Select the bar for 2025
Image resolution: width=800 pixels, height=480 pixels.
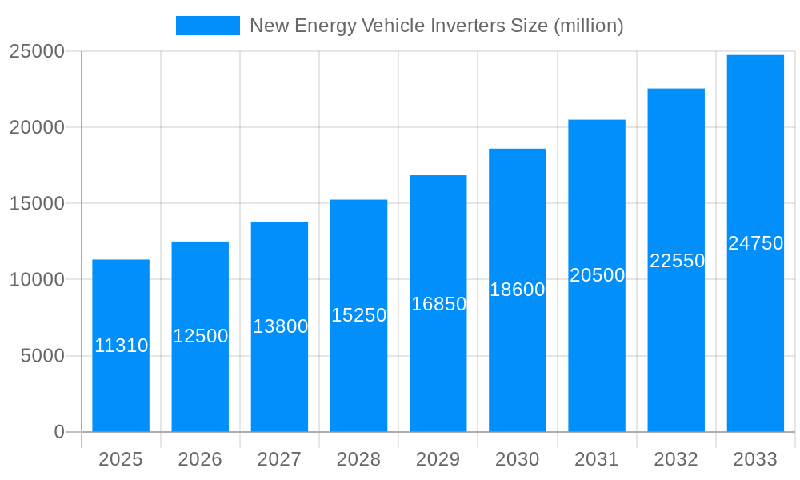point(121,384)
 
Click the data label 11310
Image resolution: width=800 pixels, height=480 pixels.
point(121,346)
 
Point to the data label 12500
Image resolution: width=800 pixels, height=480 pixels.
point(200,336)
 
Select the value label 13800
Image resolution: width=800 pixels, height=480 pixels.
point(280,326)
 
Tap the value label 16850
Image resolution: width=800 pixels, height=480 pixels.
point(438,304)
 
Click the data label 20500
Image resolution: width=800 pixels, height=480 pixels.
point(597,275)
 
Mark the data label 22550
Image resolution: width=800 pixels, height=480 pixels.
point(677,261)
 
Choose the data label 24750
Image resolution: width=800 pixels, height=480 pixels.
point(755,244)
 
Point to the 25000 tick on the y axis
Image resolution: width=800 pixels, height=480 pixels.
point(36,51)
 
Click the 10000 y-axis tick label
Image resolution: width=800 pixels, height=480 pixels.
point(36,280)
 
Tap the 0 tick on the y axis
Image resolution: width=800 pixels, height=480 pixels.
point(58,432)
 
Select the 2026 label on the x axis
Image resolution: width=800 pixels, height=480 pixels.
point(200,459)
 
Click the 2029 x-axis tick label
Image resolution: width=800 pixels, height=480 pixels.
point(438,459)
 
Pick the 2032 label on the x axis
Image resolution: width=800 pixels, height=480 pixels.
point(676,459)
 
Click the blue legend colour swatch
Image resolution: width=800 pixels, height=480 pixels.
point(207,26)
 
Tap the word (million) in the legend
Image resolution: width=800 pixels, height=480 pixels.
point(588,26)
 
